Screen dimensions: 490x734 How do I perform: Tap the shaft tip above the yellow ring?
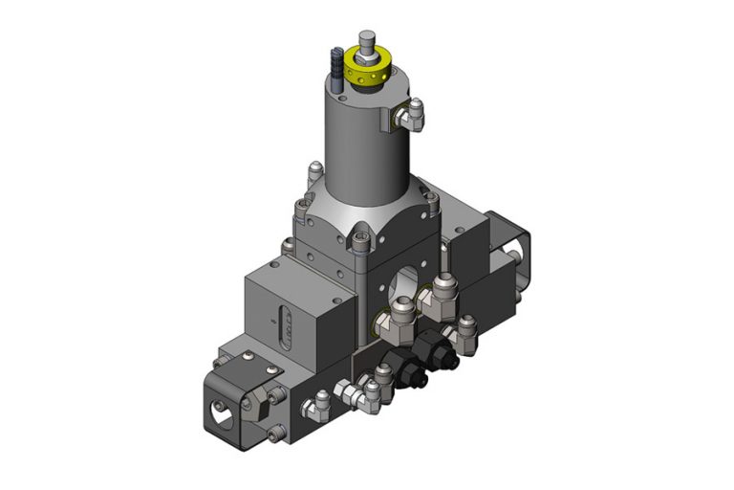click(x=366, y=40)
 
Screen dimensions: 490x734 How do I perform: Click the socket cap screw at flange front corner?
click(x=360, y=246)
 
